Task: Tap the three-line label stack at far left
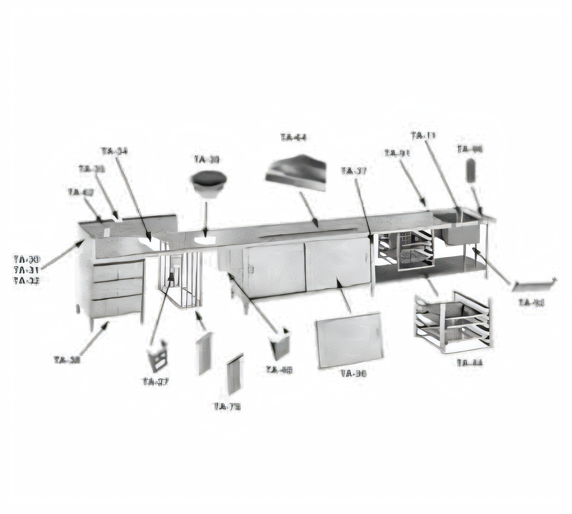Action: (27, 270)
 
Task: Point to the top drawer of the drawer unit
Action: (118, 272)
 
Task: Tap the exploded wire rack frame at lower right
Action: (452, 322)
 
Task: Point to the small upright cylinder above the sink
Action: (471, 170)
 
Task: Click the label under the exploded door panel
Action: (354, 373)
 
